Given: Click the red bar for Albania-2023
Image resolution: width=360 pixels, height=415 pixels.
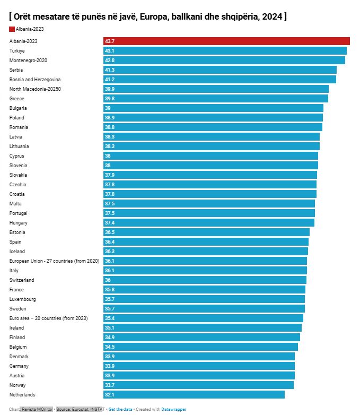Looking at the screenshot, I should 226,41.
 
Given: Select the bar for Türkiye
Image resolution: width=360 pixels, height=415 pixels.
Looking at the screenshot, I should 225,50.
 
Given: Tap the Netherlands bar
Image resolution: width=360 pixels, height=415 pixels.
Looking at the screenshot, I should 194,394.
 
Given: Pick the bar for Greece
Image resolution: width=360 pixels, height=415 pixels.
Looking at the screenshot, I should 216,98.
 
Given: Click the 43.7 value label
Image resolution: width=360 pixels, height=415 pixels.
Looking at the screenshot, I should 110,41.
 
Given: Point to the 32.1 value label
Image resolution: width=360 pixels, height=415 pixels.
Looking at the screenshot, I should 109,394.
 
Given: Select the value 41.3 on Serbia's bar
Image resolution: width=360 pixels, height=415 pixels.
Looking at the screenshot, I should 109,70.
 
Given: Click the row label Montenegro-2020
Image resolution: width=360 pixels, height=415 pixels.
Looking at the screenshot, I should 28,60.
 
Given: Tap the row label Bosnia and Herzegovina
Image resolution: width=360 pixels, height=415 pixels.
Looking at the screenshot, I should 35,79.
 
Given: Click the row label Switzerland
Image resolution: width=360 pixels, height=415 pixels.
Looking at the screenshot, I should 22,280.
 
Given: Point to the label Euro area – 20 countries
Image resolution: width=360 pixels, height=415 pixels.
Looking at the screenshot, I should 48,318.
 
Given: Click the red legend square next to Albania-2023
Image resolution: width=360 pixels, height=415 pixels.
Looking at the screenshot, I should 12,29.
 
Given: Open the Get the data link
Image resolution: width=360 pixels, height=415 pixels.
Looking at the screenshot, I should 120,409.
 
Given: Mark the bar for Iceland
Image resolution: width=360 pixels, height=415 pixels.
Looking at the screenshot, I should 206,251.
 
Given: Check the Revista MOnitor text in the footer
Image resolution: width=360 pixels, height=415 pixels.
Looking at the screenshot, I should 37,409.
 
